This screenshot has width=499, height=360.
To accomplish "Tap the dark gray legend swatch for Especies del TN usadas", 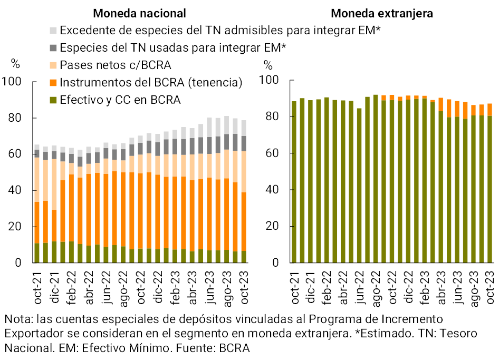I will tap(53, 48).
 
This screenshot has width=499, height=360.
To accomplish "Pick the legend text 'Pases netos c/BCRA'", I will tap(116, 65).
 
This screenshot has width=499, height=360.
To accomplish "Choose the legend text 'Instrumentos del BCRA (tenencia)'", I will tap(151, 82).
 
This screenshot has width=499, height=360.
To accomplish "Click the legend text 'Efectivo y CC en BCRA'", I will tap(120, 100).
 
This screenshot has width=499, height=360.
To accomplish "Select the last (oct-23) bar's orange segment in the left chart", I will tap(244, 221).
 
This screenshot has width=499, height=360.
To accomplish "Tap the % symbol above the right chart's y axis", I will tap(268, 66).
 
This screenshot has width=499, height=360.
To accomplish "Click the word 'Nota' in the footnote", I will tap(16, 319).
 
